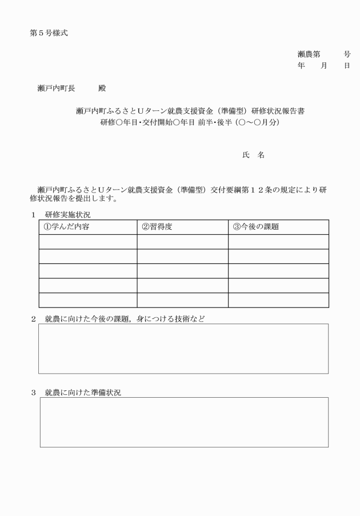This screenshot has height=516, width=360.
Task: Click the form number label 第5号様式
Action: coord(49,33)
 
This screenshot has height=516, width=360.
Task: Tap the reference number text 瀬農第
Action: coord(309,54)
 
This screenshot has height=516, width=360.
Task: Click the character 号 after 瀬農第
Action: coord(347,54)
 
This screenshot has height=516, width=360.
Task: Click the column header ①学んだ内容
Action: coord(65,227)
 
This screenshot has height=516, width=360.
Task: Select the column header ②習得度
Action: coord(157,227)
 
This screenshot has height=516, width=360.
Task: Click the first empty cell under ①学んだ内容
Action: coord(87,242)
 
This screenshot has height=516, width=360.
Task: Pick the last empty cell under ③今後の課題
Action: coord(278,300)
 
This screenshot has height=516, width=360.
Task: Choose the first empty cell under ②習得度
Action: coord(182,242)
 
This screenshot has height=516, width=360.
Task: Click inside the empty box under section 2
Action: coord(183,349)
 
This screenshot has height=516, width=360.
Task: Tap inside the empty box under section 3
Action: coord(183,422)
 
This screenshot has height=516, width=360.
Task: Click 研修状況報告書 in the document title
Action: coord(277,111)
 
